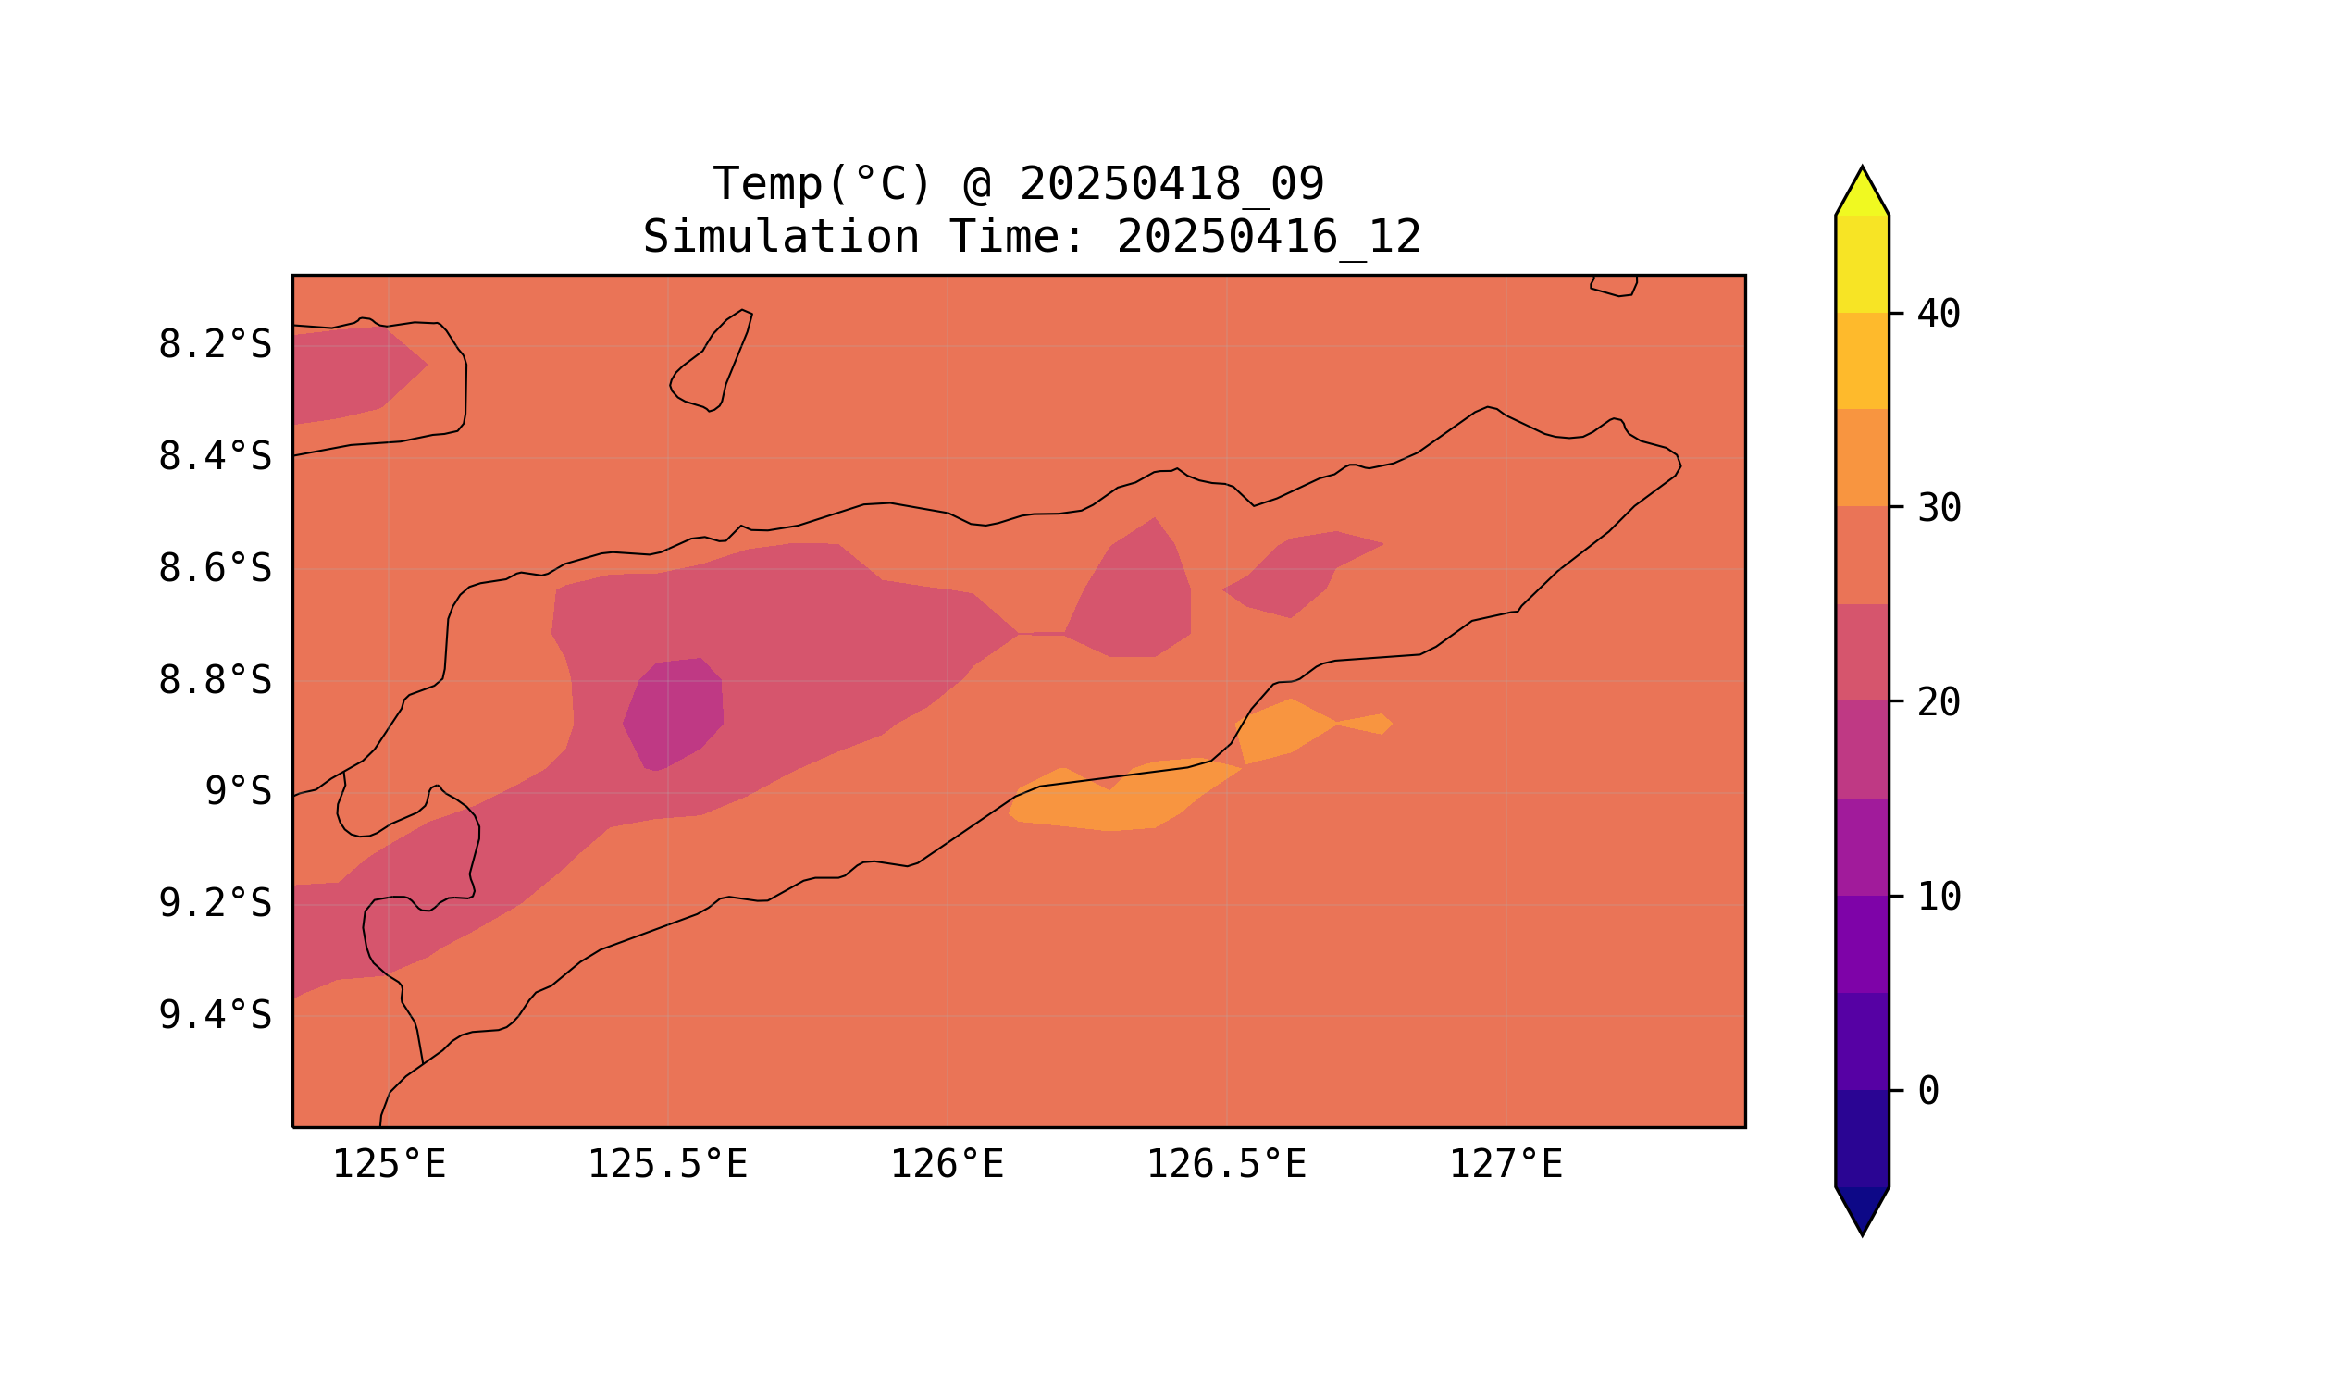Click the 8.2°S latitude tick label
(214, 345)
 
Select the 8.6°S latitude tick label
(214, 569)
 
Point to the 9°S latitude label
(238, 791)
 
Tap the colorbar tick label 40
(1939, 315)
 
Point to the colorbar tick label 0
(1928, 1091)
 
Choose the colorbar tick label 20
(1939, 702)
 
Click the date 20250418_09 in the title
(1171, 184)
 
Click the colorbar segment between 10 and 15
(1862, 848)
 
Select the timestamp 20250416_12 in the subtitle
(1269, 238)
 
